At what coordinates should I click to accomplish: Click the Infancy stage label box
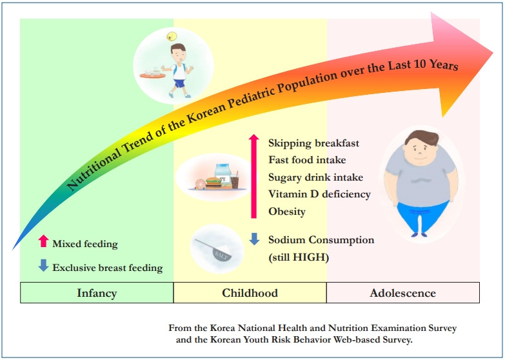[x=97, y=293]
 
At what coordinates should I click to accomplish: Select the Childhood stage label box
[x=250, y=293]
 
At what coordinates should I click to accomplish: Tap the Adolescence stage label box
[x=403, y=293]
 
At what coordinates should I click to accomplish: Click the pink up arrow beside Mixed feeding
[x=43, y=241]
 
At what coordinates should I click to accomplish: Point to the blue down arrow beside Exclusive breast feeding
[x=43, y=265]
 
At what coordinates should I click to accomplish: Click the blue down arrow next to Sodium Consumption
[x=254, y=239]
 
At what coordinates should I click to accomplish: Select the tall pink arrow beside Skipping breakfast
[x=253, y=176]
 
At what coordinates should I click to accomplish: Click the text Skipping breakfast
[x=313, y=143]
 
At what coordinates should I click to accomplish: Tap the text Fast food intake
[x=307, y=160]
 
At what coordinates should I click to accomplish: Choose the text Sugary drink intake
[x=315, y=177]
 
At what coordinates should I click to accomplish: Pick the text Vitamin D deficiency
[x=319, y=194]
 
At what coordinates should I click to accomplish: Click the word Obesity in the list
[x=287, y=212]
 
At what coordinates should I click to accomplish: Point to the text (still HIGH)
[x=299, y=257]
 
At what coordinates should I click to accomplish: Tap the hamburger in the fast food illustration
[x=213, y=183]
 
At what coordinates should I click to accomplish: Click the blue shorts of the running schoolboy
[x=179, y=83]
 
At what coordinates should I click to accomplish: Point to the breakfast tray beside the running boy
[x=152, y=74]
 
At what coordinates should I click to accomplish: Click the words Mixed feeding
[x=85, y=244]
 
